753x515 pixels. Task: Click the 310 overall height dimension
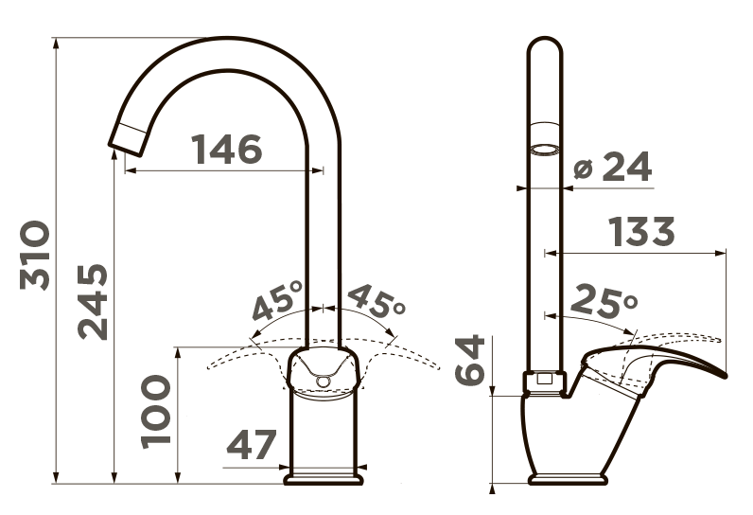coord(35,255)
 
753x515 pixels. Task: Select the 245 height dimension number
coord(93,302)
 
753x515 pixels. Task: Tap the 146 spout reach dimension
coord(227,149)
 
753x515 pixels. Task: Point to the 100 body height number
coord(155,412)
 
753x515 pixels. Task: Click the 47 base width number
coord(252,444)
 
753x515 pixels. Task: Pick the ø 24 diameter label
coord(613,167)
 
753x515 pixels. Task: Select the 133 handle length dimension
coord(641,232)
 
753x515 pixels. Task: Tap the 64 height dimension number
coord(469,361)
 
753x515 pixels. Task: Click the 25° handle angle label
coord(604,301)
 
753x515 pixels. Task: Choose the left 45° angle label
coord(277,301)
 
